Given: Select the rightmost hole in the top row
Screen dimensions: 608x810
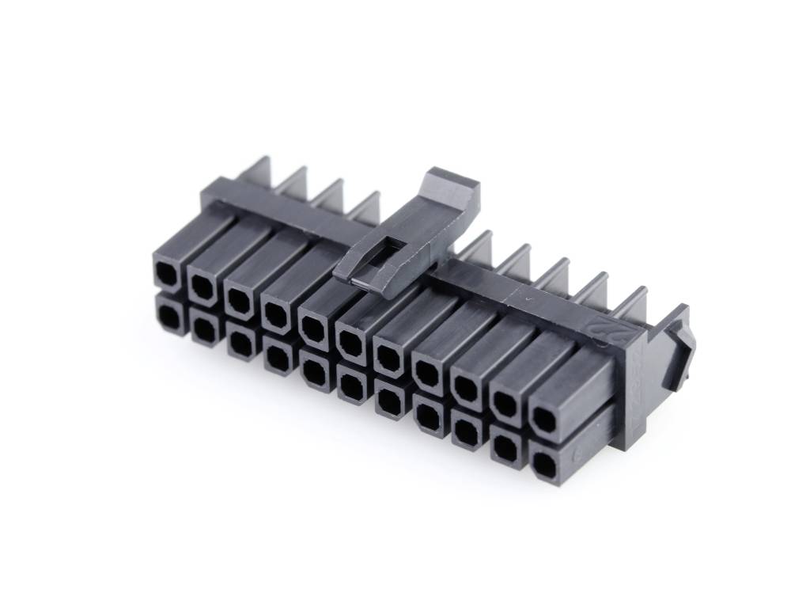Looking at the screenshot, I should coord(543,418).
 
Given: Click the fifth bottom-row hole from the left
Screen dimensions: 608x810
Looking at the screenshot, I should coord(316,370).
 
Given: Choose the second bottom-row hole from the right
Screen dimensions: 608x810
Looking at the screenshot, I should coord(504,448).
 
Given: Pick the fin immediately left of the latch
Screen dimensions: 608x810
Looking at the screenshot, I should coord(365,207).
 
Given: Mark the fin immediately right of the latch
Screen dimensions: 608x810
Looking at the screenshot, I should coord(477,247).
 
